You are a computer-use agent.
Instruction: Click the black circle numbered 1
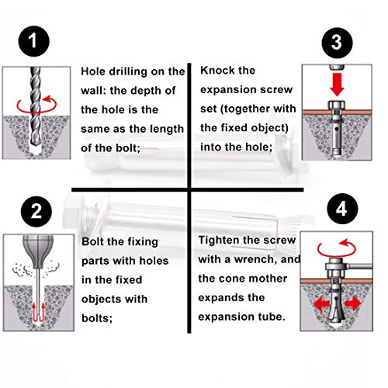(34, 41)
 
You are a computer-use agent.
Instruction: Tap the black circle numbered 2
(36, 212)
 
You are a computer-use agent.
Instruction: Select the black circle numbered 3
(337, 43)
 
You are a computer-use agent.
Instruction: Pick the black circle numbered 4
(342, 209)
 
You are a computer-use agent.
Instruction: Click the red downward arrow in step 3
(337, 85)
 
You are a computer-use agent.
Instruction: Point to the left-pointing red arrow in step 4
(322, 303)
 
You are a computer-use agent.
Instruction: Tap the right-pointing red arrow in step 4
(353, 303)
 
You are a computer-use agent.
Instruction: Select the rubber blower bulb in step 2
(38, 251)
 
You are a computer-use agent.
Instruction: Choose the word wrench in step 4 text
(252, 259)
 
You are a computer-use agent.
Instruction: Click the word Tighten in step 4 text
(218, 241)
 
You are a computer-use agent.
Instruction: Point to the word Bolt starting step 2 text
(92, 241)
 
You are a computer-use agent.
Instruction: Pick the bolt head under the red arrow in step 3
(337, 106)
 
